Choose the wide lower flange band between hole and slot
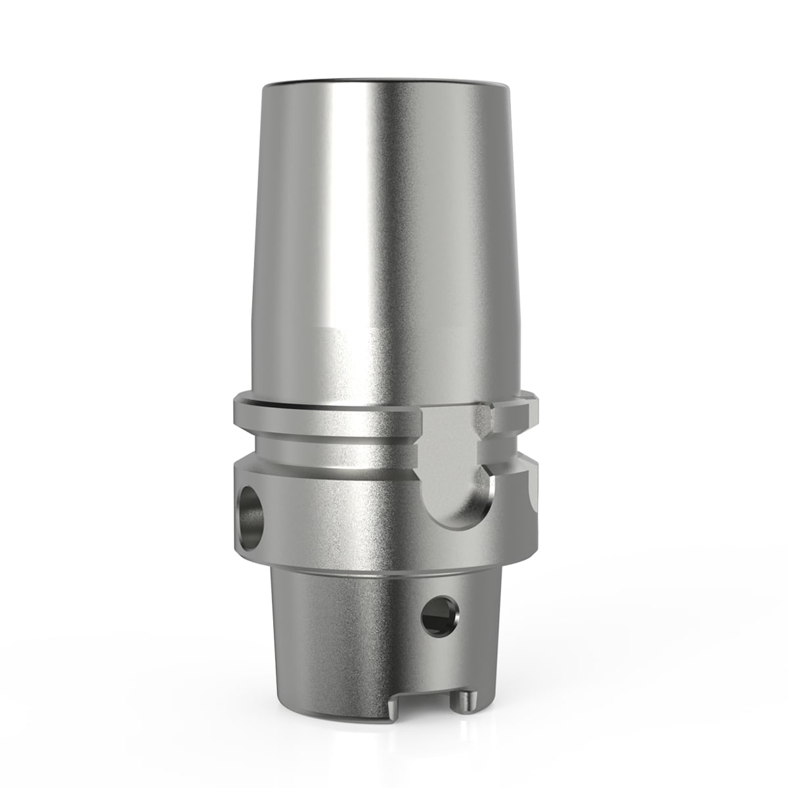(341, 506)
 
